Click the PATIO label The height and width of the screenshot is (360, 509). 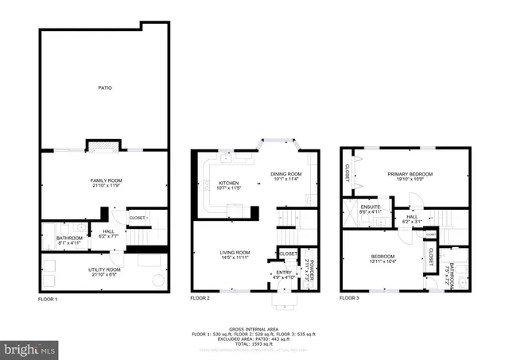pos(104,87)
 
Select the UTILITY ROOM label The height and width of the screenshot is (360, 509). pos(104,269)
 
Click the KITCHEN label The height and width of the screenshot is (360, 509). pos(229,183)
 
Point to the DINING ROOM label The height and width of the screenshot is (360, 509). pos(286,174)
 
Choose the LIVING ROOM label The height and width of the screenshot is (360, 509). pos(235,253)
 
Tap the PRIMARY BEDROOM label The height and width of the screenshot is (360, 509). pos(410,173)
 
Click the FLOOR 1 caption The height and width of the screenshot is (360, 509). pos(48,299)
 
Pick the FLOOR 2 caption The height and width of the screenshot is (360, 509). pos(200,299)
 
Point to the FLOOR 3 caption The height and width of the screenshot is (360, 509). pos(349,299)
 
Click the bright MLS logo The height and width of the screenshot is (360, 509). pos(29,348)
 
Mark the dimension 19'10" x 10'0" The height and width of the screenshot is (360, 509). pos(410,179)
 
